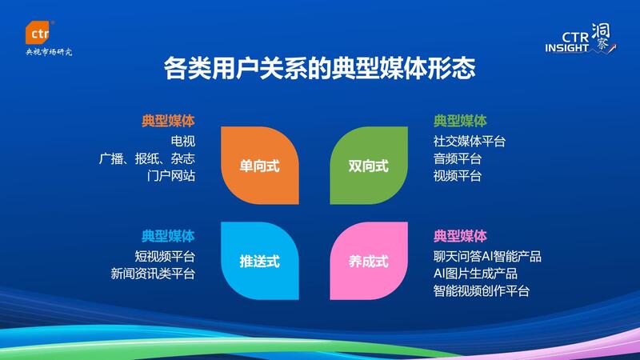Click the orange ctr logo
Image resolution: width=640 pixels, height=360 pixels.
(x=38, y=32)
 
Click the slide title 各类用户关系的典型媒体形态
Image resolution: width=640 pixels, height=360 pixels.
(x=319, y=68)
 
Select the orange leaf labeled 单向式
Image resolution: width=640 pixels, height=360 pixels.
(x=259, y=166)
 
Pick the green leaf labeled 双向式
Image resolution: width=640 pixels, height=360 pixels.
(x=369, y=166)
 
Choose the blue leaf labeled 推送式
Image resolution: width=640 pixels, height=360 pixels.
(x=259, y=261)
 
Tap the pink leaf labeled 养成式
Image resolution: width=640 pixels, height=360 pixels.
(x=369, y=261)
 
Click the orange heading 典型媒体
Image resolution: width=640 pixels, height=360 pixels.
(x=168, y=121)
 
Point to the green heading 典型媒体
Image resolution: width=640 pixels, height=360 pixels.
(x=460, y=121)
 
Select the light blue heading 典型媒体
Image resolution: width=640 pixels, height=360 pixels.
(x=168, y=236)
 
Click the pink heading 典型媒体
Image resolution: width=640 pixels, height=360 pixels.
(x=460, y=236)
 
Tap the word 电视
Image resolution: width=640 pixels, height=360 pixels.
(x=183, y=142)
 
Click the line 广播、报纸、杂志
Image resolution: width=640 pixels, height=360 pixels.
(x=147, y=158)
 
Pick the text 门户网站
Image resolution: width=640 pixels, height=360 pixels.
(x=171, y=176)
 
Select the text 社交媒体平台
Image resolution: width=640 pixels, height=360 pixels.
(x=470, y=142)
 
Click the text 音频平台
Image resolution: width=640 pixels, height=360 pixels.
(x=458, y=158)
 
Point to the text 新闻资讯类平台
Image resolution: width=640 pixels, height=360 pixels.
(x=153, y=274)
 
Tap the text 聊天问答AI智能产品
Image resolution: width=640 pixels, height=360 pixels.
(x=487, y=256)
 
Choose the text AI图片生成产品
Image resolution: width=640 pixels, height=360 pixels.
(x=475, y=274)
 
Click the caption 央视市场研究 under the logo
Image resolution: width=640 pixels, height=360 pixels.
(x=49, y=52)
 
